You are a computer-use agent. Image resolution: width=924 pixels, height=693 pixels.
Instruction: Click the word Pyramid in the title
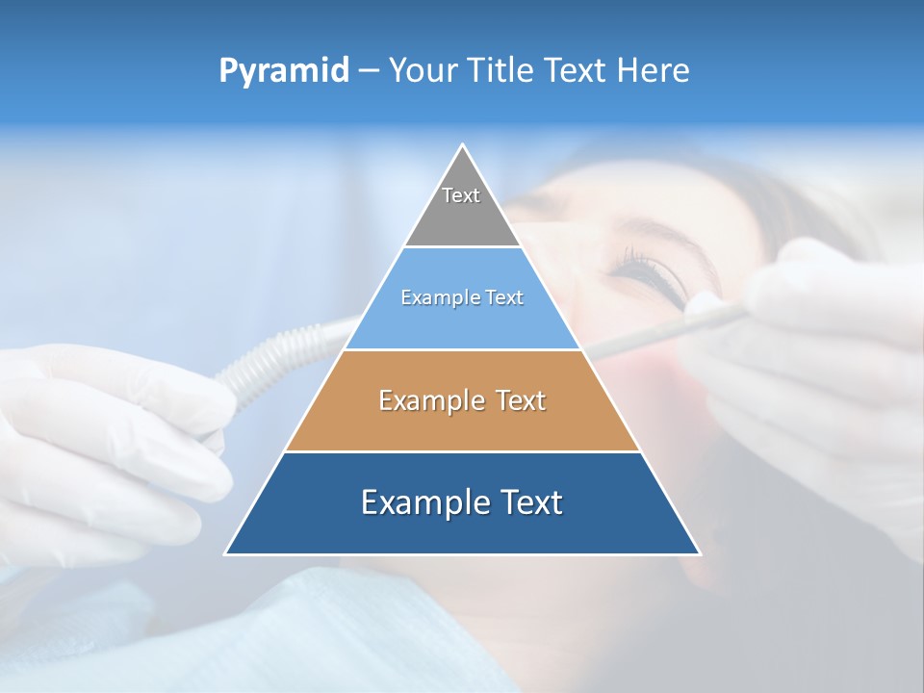tap(284, 70)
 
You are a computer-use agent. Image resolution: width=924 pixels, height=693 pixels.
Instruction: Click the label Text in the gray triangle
tap(460, 195)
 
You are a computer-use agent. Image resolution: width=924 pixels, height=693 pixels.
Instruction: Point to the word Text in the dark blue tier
tap(526, 502)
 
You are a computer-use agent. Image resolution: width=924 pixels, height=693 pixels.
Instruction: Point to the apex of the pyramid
tap(462, 145)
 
